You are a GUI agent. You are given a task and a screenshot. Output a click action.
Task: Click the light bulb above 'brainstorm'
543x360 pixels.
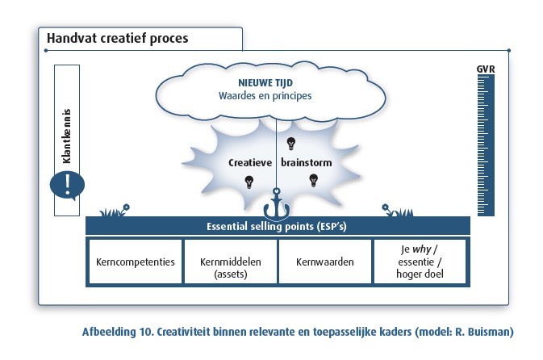(291, 144)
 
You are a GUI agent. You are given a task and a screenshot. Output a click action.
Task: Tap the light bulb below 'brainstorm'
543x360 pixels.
(313, 179)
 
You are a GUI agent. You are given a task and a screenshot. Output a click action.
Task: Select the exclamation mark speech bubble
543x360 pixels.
(67, 184)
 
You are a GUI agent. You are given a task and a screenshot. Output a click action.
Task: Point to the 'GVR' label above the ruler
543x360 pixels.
(486, 69)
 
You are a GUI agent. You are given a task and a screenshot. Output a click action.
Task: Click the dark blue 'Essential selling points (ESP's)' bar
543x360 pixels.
(277, 226)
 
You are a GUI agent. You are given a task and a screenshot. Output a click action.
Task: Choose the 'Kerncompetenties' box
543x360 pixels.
(135, 262)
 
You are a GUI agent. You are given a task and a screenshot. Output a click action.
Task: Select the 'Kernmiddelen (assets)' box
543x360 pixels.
(230, 262)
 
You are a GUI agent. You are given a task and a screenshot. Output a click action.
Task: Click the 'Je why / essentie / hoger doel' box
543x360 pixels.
(419, 262)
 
